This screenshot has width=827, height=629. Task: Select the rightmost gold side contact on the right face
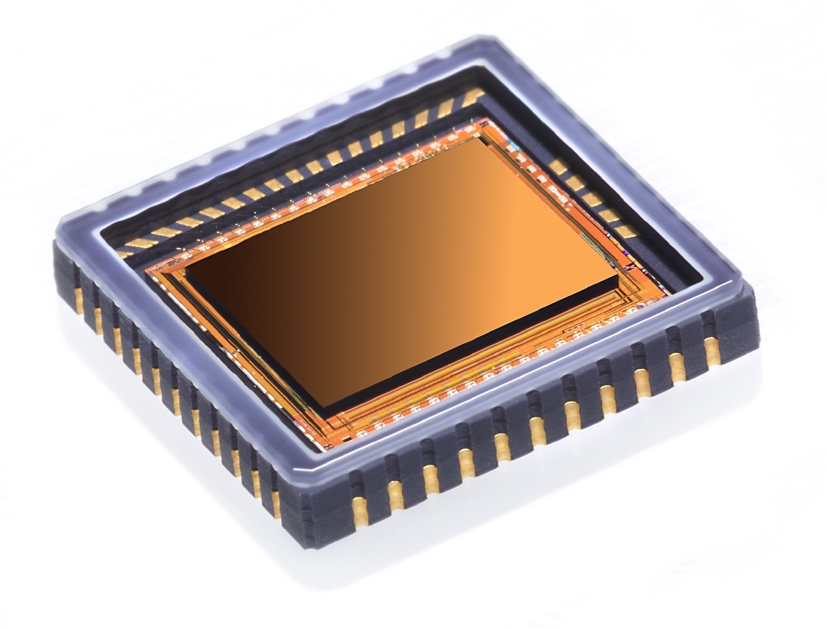point(712,350)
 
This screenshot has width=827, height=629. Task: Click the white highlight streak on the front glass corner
point(314,468)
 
